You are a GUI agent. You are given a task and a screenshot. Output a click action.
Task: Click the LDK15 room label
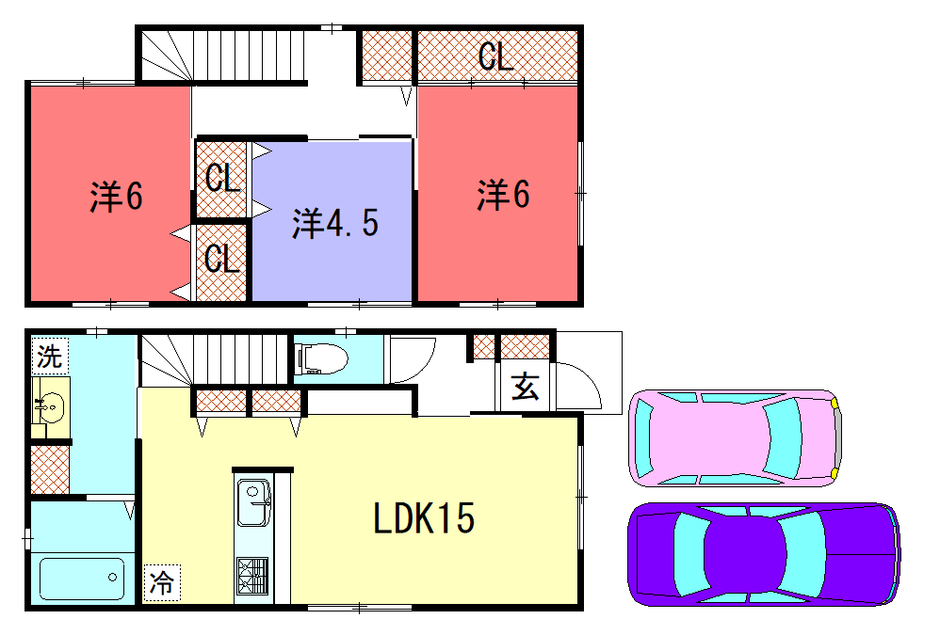coord(424,518)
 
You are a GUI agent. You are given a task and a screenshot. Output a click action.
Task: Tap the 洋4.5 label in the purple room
coord(335,223)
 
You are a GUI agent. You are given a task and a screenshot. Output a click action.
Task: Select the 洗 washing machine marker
coord(50,357)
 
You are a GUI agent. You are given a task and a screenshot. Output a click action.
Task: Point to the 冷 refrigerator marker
coord(162,582)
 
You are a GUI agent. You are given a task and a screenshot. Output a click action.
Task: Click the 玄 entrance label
coord(526,386)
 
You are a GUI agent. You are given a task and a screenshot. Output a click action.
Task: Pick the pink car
coord(735,437)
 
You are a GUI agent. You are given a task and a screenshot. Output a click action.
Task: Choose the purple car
coord(763,554)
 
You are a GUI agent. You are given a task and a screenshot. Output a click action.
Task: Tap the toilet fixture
coord(321,357)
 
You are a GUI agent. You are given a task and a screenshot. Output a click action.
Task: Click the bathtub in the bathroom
coord(82,579)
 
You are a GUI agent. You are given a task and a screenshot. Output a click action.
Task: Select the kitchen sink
coord(253,502)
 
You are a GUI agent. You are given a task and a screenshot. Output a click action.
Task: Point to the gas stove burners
coord(252,576)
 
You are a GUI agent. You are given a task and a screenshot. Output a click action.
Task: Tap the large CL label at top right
coord(495,56)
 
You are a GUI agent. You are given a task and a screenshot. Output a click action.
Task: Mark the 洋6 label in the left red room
coord(116,197)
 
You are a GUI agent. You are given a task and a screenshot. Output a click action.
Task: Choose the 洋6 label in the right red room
coord(503,194)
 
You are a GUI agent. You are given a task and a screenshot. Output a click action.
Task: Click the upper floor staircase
coord(223,56)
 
